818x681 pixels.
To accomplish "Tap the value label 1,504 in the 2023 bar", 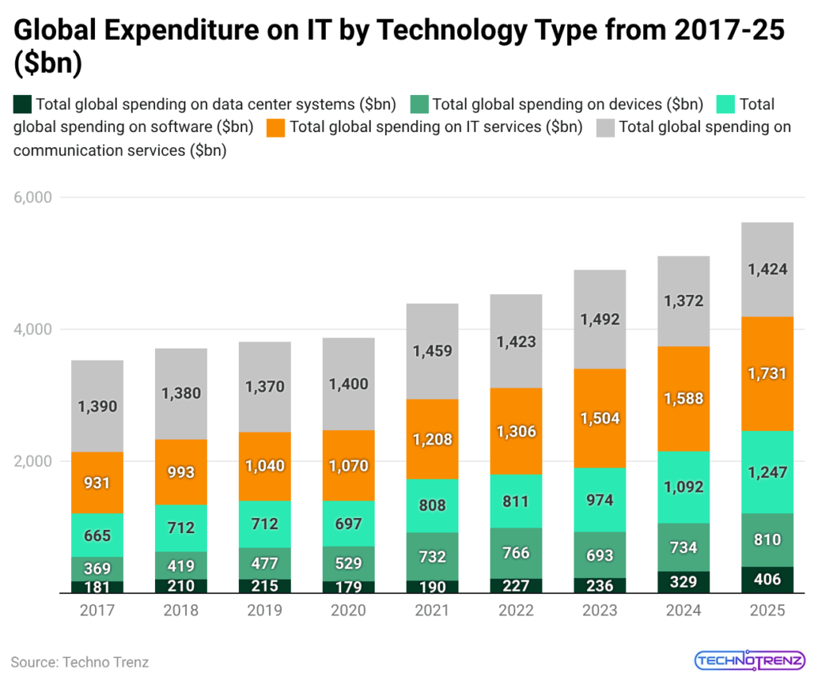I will point(600,418).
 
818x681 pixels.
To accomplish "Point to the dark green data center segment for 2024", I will point(683,582).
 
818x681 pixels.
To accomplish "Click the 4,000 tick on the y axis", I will point(33,329).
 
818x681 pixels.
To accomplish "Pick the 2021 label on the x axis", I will point(432,611).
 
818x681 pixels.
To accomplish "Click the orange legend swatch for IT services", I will point(276,127).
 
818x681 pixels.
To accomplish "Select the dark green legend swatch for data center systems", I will point(22,105).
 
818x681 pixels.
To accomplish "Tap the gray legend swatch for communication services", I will point(606,127).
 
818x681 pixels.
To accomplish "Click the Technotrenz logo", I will point(749,660).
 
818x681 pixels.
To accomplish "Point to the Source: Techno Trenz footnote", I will point(80,662).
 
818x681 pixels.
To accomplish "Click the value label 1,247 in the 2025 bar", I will point(767,472).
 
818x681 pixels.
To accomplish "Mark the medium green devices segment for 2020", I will point(348,564).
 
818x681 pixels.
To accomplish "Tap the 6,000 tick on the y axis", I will point(33,197).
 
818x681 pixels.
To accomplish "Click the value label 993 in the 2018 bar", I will point(181,472).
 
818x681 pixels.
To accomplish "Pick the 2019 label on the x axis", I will point(265,611).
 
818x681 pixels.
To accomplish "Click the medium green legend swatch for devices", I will point(419,105).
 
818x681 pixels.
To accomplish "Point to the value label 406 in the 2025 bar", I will point(767,580).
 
